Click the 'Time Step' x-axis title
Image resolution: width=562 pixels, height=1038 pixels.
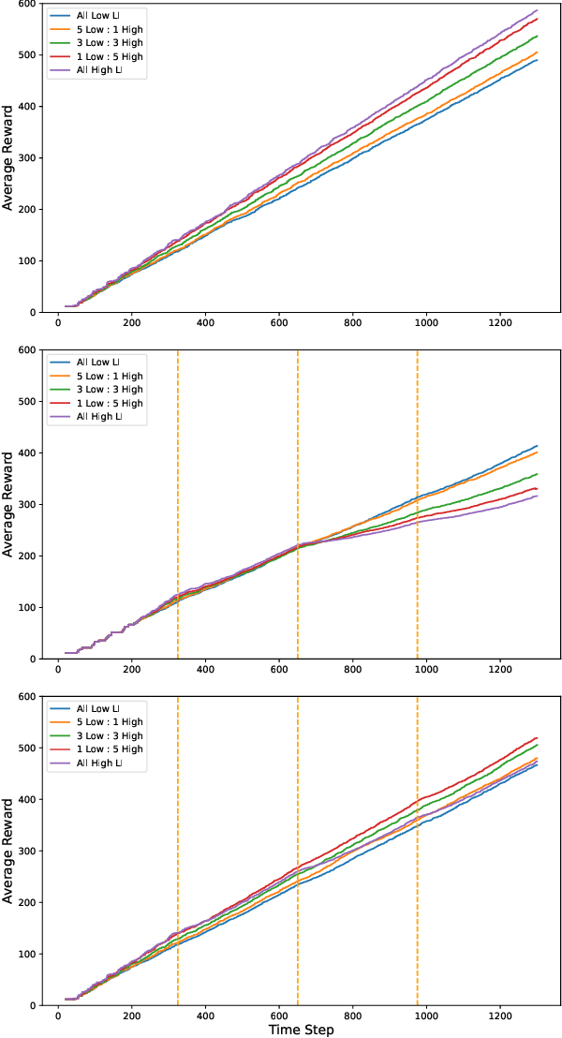(x=301, y=1029)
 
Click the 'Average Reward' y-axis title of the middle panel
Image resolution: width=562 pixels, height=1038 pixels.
(x=8, y=505)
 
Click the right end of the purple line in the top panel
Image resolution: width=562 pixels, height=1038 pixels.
(x=537, y=10)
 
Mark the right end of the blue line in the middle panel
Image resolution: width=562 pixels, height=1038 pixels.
(x=537, y=446)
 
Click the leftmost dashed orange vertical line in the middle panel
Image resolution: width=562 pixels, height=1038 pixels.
(x=178, y=505)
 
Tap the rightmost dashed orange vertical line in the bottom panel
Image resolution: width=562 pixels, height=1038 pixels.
(x=417, y=852)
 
